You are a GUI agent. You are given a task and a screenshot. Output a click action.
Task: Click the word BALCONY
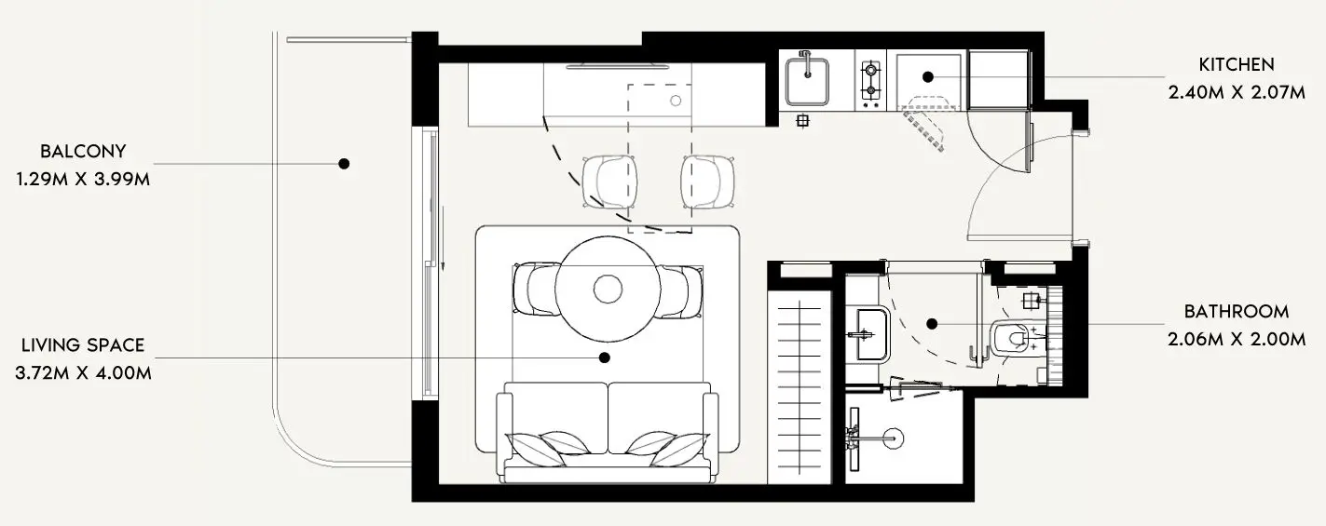[x=83, y=151]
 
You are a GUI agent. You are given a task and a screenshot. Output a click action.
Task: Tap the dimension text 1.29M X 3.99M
[x=83, y=178]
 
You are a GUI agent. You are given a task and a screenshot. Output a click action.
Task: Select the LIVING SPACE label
[x=83, y=345]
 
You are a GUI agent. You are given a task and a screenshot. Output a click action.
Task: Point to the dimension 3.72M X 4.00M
[x=83, y=372]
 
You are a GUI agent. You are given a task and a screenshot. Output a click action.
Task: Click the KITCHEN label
[x=1236, y=64]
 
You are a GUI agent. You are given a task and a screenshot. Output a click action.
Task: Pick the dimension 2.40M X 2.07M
[x=1236, y=92]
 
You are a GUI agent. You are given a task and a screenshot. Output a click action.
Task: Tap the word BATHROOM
[x=1236, y=312]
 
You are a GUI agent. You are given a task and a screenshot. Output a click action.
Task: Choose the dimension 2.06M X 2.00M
[x=1236, y=339]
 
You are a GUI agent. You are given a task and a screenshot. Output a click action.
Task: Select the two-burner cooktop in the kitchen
[x=870, y=80]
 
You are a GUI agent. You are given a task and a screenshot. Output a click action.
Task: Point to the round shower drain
[x=893, y=435]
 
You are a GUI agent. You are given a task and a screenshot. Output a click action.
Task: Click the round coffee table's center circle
[x=608, y=289]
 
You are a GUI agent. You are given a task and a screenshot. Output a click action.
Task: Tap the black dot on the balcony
[x=344, y=164]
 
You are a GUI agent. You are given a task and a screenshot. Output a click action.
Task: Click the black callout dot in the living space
[x=604, y=357]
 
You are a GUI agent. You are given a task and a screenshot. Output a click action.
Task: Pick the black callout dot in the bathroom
[x=932, y=324]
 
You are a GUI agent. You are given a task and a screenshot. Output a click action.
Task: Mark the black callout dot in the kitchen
[x=928, y=77]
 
